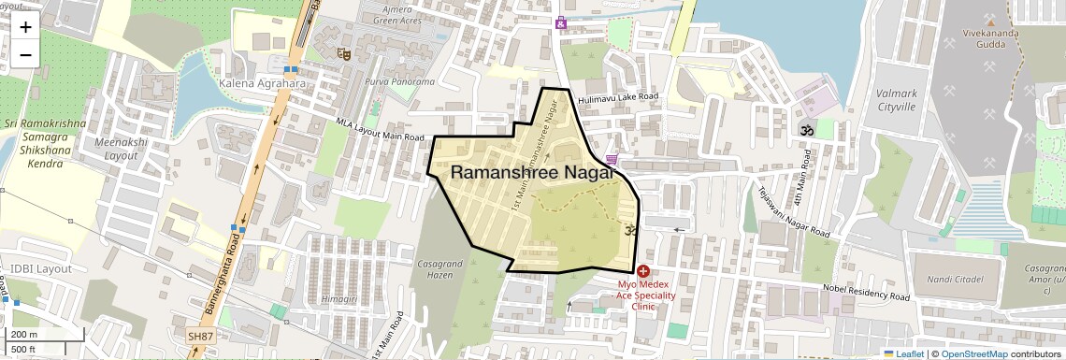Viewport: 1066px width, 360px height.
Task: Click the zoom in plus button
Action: click(x=25, y=27)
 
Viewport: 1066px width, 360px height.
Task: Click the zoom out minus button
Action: click(x=25, y=54)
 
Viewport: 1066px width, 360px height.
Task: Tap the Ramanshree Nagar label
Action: click(x=532, y=172)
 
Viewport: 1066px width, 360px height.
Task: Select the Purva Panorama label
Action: click(x=400, y=82)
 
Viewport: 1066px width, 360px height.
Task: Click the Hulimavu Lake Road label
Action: click(x=618, y=97)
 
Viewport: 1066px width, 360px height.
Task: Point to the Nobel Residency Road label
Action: click(x=865, y=293)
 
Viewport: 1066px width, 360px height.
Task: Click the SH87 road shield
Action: click(x=199, y=336)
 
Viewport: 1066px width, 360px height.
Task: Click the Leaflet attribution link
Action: click(x=903, y=353)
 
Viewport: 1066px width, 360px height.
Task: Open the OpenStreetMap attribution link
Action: click(x=973, y=353)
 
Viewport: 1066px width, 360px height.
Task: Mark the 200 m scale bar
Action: click(x=46, y=335)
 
